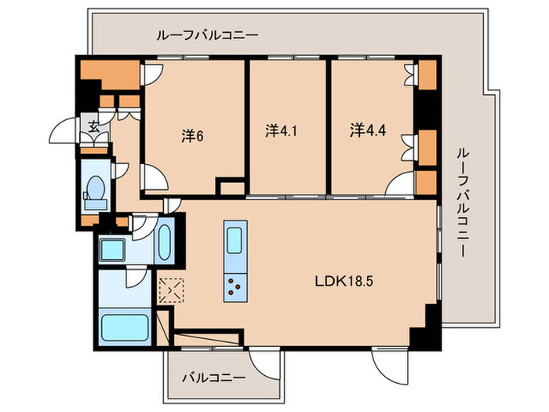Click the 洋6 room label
coord(193,134)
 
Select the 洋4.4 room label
coord(365,129)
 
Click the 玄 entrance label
coord(93,125)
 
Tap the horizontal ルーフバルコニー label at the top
coord(207,35)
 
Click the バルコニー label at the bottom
coord(213,377)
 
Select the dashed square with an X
coord(170,290)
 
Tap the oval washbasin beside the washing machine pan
coord(166,245)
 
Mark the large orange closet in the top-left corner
coord(111,75)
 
